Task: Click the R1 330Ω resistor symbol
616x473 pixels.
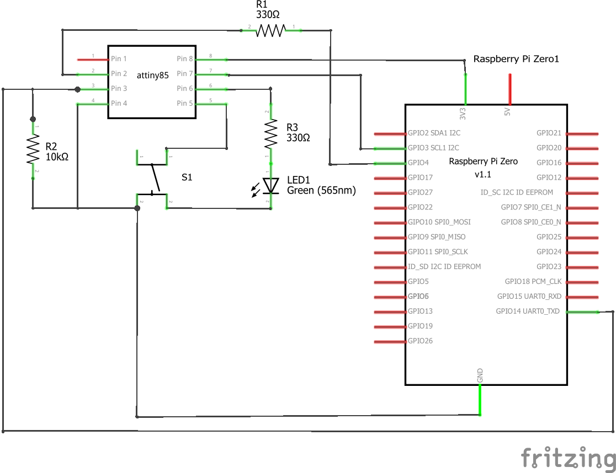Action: pyautogui.click(x=270, y=30)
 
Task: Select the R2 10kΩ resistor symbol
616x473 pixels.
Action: pyautogui.click(x=33, y=150)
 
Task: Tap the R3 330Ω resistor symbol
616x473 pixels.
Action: pyautogui.click(x=270, y=135)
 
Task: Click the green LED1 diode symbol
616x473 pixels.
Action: pyautogui.click(x=270, y=186)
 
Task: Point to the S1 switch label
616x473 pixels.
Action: pyautogui.click(x=188, y=178)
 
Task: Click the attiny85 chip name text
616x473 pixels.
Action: pyautogui.click(x=153, y=76)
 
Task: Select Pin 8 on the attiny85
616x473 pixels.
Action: pyautogui.click(x=185, y=59)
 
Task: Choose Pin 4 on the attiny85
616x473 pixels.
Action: pyautogui.click(x=119, y=103)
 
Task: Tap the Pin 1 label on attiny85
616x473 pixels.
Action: pyautogui.click(x=119, y=58)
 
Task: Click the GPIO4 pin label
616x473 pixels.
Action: pyautogui.click(x=418, y=163)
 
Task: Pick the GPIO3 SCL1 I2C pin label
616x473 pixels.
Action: pyautogui.click(x=433, y=148)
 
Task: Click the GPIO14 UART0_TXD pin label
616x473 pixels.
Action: pyautogui.click(x=528, y=311)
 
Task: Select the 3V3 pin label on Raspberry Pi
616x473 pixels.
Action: pyautogui.click(x=463, y=113)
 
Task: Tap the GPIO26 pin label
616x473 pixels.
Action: pyautogui.click(x=420, y=341)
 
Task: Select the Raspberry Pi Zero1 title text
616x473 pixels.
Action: pyautogui.click(x=516, y=59)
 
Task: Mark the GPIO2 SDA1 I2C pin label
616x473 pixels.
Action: pyautogui.click(x=434, y=133)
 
